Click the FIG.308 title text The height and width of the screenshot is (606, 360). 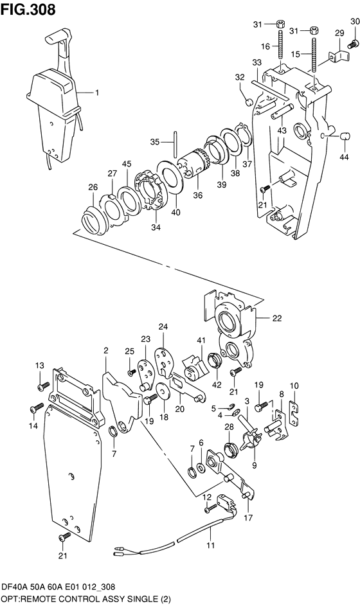[x=28, y=9]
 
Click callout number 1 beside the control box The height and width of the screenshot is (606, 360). [x=97, y=93]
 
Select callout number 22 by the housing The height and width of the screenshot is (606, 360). [x=276, y=319]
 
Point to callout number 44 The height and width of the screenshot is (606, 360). [x=344, y=157]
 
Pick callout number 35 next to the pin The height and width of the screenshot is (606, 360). [x=155, y=142]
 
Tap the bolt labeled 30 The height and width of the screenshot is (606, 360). [x=352, y=45]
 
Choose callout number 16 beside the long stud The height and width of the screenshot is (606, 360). [x=265, y=46]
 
